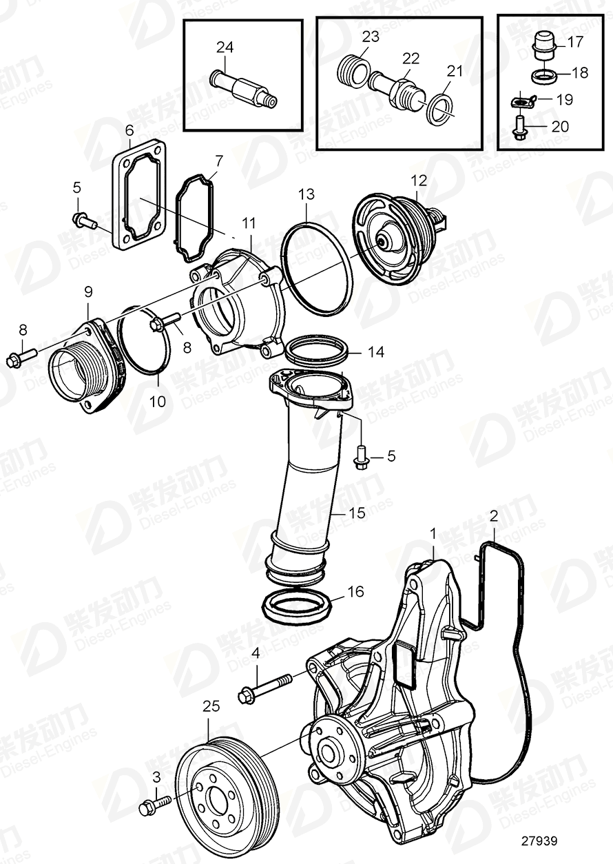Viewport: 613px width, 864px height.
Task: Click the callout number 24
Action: coord(225,48)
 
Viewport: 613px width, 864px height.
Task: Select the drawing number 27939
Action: coord(540,841)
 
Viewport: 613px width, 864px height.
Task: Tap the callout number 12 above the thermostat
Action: coord(419,181)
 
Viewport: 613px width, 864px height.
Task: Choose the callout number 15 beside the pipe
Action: coord(356,513)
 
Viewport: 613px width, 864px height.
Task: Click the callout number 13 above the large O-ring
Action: coord(306,195)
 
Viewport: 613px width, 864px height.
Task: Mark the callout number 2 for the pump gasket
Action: coord(493,515)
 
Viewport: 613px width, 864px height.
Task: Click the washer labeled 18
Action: coord(543,74)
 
